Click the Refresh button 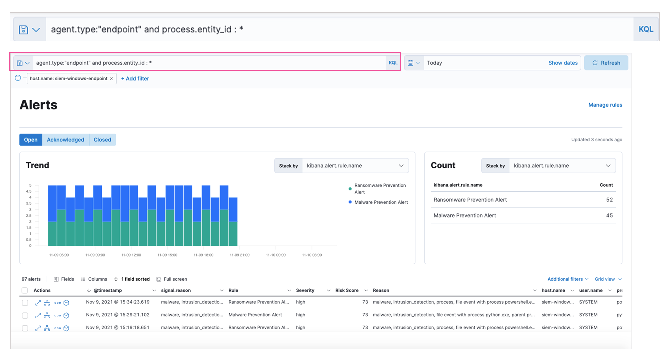[x=606, y=63]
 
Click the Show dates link [x=563, y=63]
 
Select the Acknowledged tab [x=65, y=140]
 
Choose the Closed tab [x=102, y=140]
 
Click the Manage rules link [x=605, y=105]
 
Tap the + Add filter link [x=135, y=79]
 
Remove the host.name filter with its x [x=111, y=79]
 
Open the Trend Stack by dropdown [x=355, y=166]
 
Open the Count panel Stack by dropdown [x=562, y=166]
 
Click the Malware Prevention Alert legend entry [x=381, y=202]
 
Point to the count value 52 [x=609, y=200]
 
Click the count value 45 [x=609, y=216]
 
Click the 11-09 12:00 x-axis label [x=131, y=255]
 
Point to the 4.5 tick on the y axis [x=29, y=191]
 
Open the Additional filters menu [x=568, y=279]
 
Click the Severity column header [x=305, y=290]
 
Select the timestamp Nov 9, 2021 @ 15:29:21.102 [x=117, y=315]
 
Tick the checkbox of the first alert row [x=25, y=303]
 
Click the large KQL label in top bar [x=646, y=29]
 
